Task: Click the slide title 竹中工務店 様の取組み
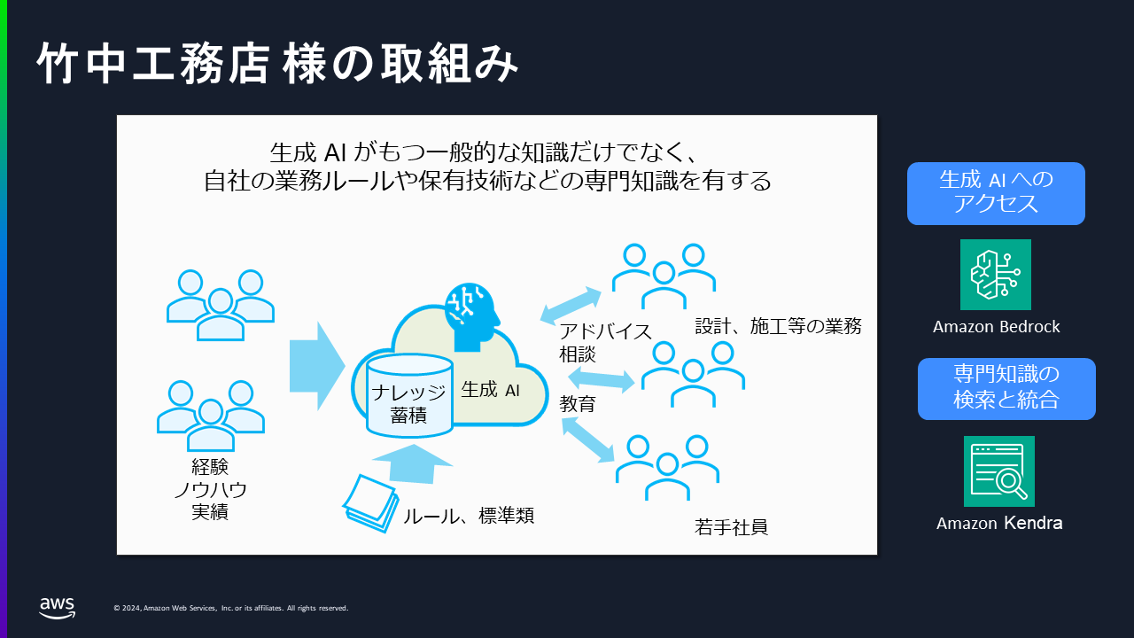[277, 63]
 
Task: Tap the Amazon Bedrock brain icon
[995, 275]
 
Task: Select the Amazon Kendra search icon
[998, 471]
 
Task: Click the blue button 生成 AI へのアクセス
[996, 193]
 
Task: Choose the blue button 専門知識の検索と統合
[1006, 389]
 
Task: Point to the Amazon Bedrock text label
[997, 327]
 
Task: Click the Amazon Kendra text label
[999, 523]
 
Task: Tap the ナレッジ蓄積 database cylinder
[409, 396]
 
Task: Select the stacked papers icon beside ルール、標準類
[370, 502]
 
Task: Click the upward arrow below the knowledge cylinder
[412, 463]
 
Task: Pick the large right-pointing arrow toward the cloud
[317, 366]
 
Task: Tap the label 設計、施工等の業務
[778, 326]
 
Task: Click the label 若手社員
[731, 527]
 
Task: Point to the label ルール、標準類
[469, 516]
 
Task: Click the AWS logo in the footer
[58, 608]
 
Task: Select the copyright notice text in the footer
[231, 608]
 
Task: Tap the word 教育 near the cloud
[578, 404]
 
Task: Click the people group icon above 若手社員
[667, 467]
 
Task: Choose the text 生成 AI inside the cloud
[490, 390]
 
